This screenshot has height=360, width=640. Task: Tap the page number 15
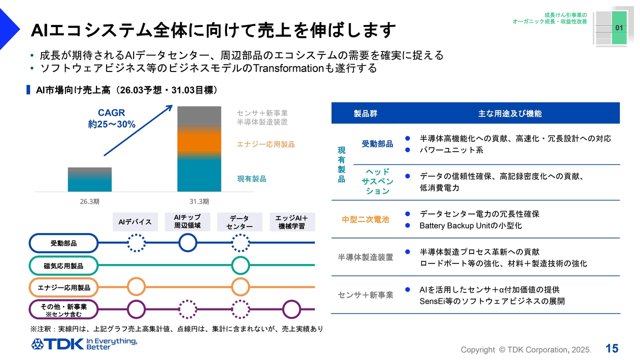(611, 348)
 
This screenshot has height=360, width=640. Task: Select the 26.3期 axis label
(89, 201)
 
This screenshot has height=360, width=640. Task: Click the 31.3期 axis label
(199, 201)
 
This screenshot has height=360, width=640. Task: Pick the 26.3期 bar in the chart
(89, 179)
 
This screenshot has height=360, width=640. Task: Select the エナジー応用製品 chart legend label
(265, 144)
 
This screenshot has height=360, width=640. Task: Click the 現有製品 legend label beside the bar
(251, 178)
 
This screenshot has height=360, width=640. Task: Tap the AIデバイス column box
(135, 221)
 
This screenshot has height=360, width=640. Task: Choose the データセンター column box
(240, 222)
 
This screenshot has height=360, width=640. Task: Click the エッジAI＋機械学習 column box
(292, 222)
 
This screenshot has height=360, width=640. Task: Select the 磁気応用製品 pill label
(63, 265)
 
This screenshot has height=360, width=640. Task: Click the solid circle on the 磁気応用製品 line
(240, 265)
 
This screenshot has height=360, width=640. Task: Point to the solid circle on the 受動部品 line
(187, 243)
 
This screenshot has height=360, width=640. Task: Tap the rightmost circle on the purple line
(292, 309)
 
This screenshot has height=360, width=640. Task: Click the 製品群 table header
(365, 113)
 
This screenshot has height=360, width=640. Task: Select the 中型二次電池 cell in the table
(365, 219)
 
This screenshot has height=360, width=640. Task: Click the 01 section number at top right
(618, 28)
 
